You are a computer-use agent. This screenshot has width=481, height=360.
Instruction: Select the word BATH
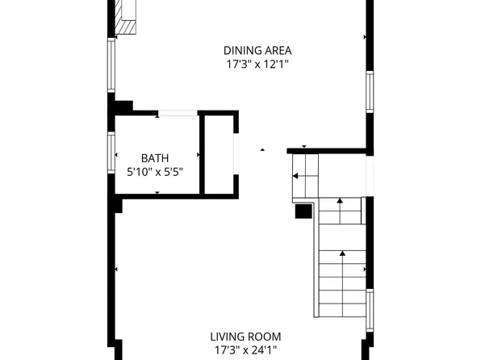(155, 158)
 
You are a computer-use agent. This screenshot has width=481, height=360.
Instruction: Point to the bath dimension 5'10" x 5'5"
(155, 171)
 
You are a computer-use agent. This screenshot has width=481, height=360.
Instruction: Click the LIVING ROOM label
(245, 337)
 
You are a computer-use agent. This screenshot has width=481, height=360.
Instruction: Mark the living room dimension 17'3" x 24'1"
(245, 350)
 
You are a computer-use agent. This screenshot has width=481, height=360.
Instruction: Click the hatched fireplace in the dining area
(124, 17)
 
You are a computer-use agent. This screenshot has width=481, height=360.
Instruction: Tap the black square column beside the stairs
(303, 211)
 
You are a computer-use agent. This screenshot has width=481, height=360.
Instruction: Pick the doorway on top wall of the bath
(177, 114)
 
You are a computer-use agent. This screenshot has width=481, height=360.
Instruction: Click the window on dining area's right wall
(370, 91)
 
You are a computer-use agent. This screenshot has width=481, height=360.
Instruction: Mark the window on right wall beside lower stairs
(370, 310)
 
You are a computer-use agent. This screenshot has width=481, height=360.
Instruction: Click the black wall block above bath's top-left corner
(123, 106)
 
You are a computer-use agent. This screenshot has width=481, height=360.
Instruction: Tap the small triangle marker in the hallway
(261, 149)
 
